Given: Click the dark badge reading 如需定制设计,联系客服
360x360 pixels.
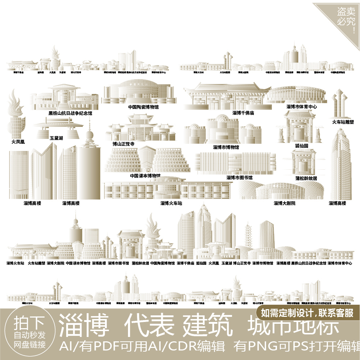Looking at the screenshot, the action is click(x=307, y=313).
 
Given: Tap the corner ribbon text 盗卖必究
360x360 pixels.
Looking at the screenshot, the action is click(x=346, y=17).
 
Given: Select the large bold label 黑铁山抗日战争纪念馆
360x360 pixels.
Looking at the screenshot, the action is click(x=70, y=113).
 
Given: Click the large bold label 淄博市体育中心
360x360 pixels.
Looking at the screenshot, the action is click(x=301, y=107).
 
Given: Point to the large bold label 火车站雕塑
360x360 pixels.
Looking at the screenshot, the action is click(x=343, y=122).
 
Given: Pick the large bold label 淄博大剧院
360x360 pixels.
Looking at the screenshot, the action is click(x=284, y=203).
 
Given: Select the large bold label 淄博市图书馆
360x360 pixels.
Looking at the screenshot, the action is click(x=239, y=178).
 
